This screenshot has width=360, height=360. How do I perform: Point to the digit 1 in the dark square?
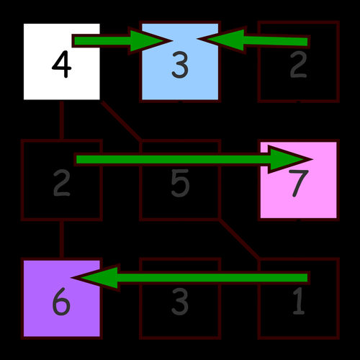(x=298, y=303)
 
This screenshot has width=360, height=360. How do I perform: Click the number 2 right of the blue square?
(x=298, y=67)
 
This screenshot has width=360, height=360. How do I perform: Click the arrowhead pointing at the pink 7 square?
(x=292, y=159)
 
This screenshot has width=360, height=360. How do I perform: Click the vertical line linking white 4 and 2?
(x=62, y=120)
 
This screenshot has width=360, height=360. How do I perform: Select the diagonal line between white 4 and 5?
(x=120, y=120)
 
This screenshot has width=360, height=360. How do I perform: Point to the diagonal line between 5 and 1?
(x=238, y=238)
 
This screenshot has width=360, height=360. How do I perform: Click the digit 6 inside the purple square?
(x=61, y=303)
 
